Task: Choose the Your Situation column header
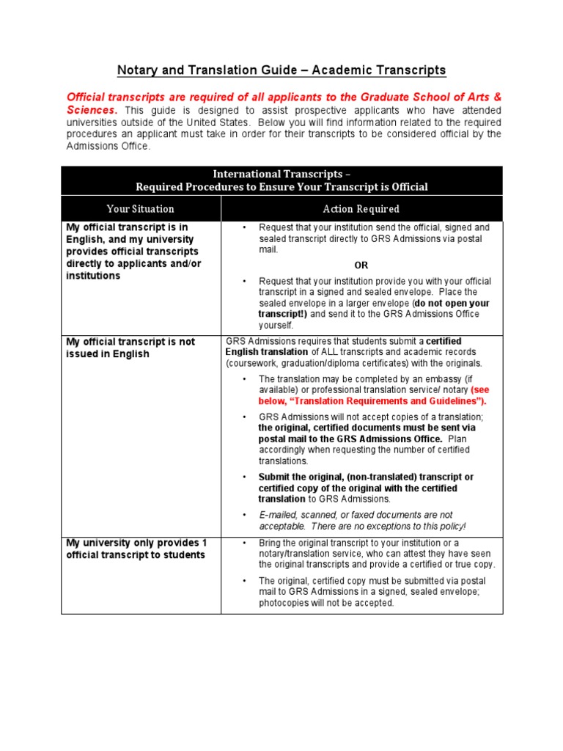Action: [140, 209]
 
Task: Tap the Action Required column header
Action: [362, 209]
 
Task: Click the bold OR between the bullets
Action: [362, 265]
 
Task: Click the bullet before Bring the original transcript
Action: [244, 543]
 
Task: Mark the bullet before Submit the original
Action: [244, 477]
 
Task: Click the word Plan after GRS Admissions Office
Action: [459, 439]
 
